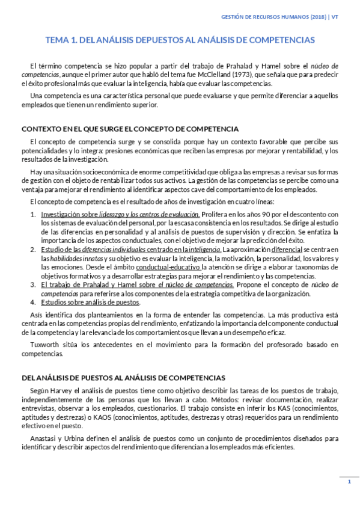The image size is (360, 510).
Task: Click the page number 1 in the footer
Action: pyautogui.click(x=349, y=482)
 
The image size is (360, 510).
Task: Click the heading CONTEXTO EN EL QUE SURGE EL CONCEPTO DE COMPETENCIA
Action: pyautogui.click(x=130, y=129)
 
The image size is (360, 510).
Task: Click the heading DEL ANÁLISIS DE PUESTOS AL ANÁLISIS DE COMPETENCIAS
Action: pyautogui.click(x=123, y=378)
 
